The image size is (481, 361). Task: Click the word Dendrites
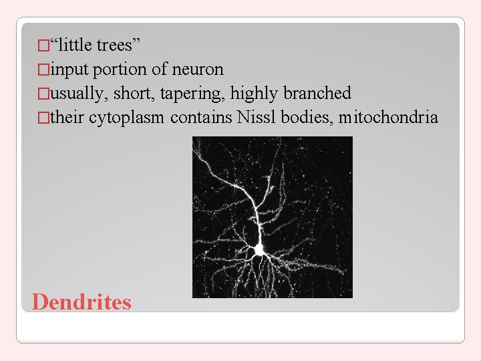(x=82, y=302)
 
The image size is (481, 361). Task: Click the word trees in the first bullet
(x=115, y=45)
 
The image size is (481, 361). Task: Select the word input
(x=69, y=70)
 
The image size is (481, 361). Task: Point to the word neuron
(x=198, y=70)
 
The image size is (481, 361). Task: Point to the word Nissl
(x=257, y=118)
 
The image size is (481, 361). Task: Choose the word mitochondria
(x=388, y=118)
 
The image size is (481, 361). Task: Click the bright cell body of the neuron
(x=259, y=249)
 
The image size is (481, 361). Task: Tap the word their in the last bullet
(x=67, y=118)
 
